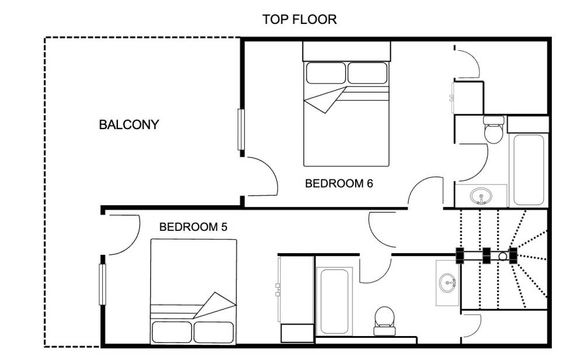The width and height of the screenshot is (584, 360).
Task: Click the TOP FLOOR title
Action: (x=300, y=19)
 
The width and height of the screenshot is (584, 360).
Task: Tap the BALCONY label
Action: (x=129, y=124)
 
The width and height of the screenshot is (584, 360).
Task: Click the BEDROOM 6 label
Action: (x=339, y=184)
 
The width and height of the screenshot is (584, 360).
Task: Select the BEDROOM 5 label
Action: (x=193, y=227)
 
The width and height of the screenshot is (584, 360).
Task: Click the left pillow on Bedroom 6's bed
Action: (x=326, y=73)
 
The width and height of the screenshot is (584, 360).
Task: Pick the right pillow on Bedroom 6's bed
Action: (x=367, y=73)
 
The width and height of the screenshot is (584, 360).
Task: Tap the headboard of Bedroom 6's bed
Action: (x=346, y=51)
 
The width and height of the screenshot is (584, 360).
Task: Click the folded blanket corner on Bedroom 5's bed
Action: (x=215, y=305)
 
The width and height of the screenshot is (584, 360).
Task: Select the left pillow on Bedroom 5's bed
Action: (x=172, y=332)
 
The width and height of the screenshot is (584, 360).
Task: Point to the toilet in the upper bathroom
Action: (x=493, y=130)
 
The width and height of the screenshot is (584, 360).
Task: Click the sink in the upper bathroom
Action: (x=481, y=196)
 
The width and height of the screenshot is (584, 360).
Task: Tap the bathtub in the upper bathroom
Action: (x=529, y=170)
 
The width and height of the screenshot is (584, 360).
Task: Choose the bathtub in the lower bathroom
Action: (x=335, y=302)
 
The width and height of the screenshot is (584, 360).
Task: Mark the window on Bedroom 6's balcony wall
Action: (x=241, y=130)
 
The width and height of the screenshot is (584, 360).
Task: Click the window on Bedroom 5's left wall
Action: (x=102, y=285)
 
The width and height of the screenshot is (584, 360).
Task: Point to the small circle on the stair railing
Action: (x=502, y=256)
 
